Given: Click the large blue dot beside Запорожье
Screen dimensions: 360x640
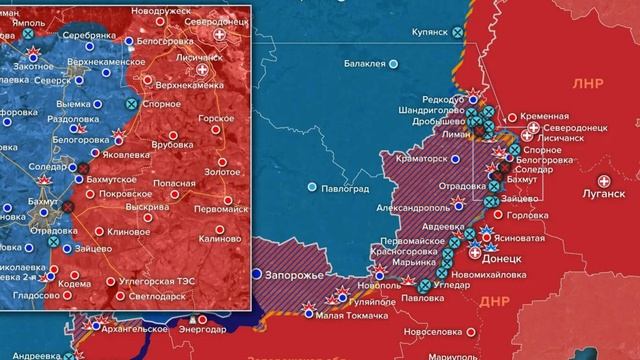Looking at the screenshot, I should tap(257, 273).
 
